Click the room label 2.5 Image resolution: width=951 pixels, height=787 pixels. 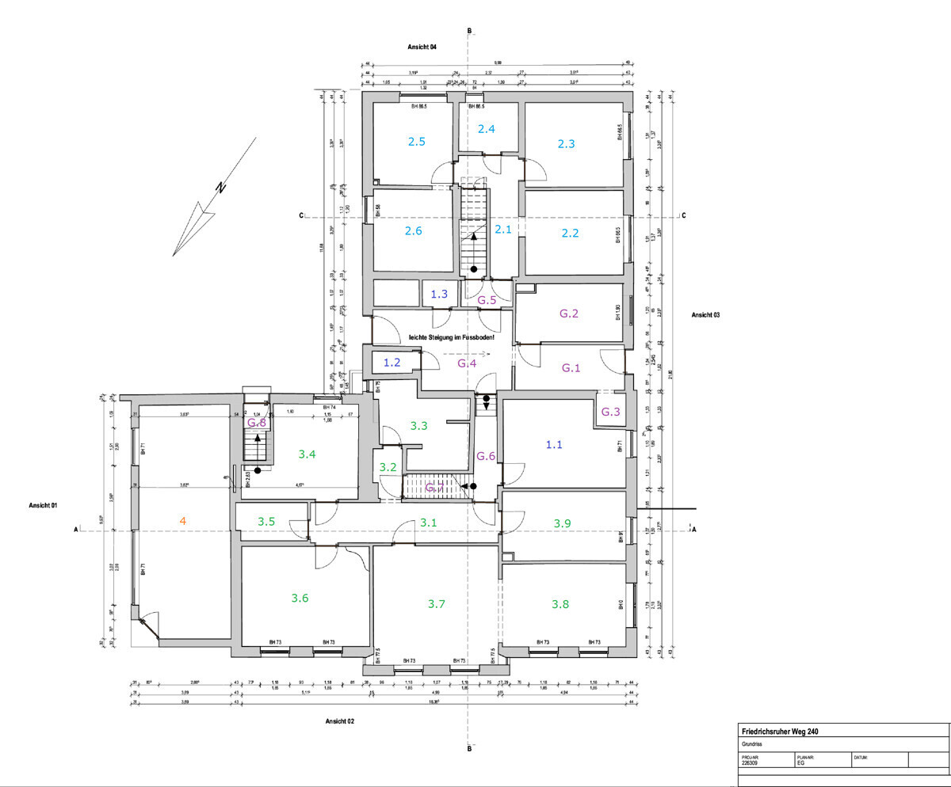click(x=417, y=142)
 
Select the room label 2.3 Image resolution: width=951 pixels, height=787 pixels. click(x=566, y=143)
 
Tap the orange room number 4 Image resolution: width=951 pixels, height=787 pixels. click(x=183, y=520)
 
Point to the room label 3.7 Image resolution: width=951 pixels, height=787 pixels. click(x=436, y=604)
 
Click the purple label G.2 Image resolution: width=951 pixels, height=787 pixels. click(x=569, y=314)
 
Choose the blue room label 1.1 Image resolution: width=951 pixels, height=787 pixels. click(x=554, y=445)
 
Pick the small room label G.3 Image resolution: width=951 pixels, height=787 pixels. click(x=610, y=413)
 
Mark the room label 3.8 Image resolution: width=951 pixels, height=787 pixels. click(x=560, y=604)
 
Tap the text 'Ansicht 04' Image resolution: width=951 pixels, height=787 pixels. click(x=422, y=48)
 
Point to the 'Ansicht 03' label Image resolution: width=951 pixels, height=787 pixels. click(x=705, y=315)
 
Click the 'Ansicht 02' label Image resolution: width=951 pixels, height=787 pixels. click(x=339, y=721)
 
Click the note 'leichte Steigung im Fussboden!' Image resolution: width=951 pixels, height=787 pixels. click(x=452, y=337)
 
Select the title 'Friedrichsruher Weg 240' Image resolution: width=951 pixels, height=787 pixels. click(x=780, y=732)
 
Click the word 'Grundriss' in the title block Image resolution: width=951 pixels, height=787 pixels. click(x=752, y=745)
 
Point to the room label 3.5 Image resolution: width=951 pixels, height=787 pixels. click(x=266, y=521)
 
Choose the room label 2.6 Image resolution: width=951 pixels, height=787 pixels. click(x=414, y=230)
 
